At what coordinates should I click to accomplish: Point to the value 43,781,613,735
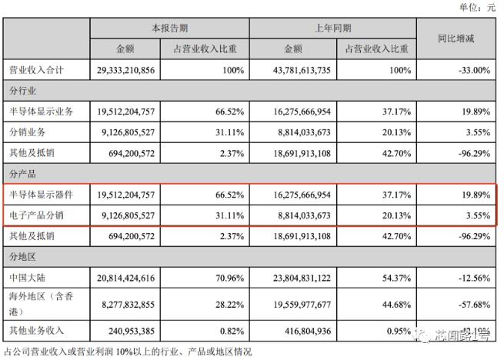click(x=293, y=71)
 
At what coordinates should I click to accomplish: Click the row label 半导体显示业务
click(x=41, y=112)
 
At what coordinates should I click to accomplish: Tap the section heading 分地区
click(x=23, y=254)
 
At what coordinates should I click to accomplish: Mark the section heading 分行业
click(x=23, y=91)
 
